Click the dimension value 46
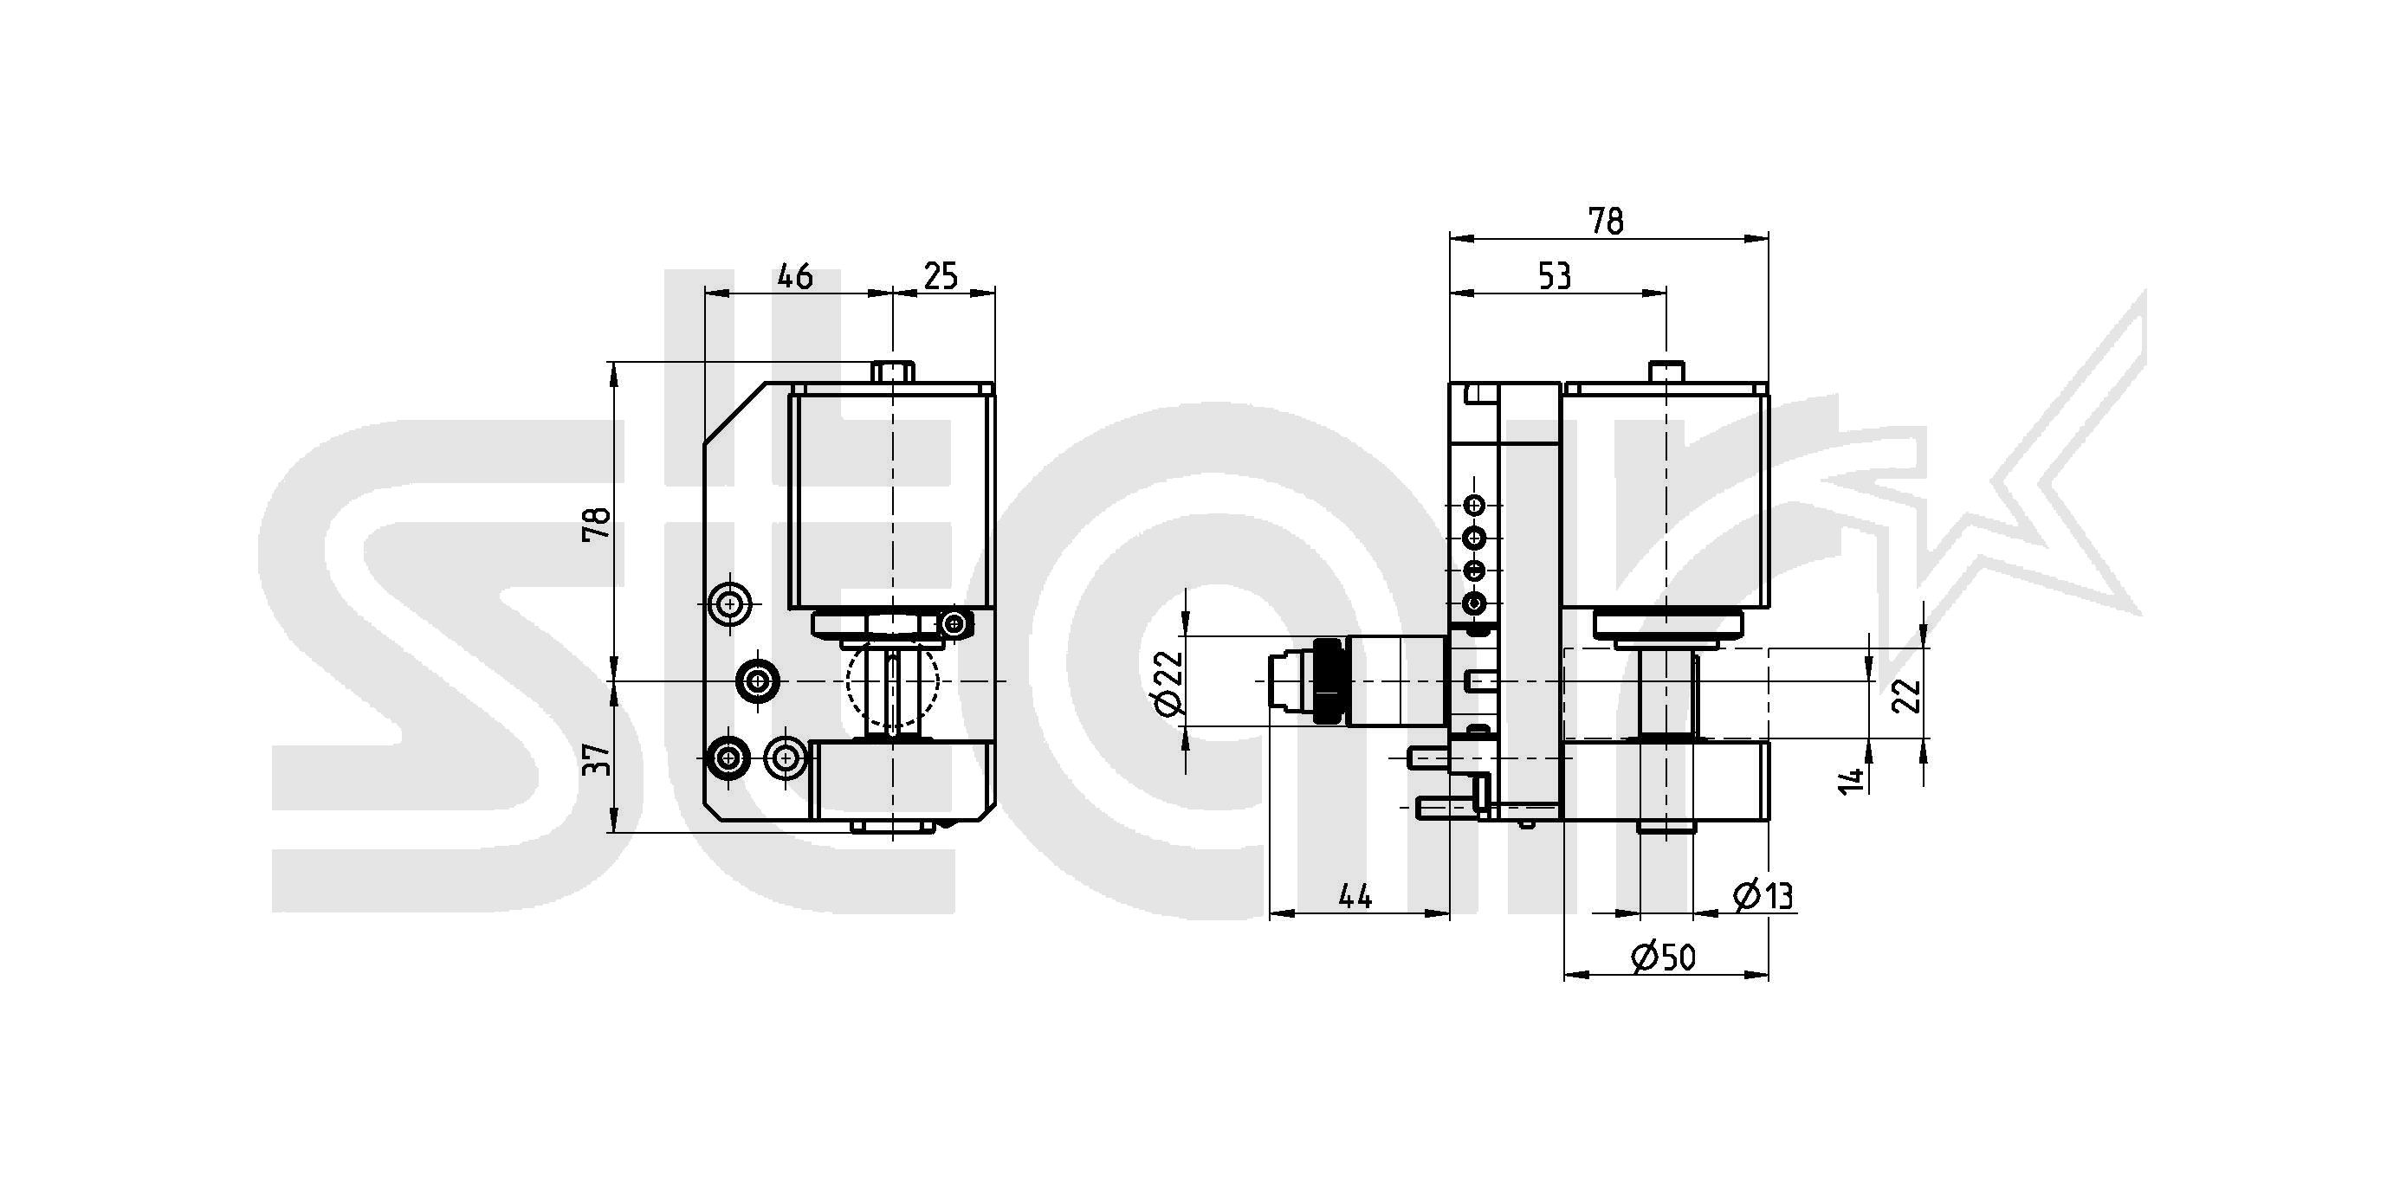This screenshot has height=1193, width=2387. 795,276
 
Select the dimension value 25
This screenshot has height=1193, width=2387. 941,276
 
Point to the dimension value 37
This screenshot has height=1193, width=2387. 598,760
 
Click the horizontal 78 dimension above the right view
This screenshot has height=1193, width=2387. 1606,222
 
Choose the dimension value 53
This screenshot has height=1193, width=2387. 1555,276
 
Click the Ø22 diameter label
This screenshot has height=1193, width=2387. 1169,682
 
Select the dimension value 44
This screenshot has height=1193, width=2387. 1355,896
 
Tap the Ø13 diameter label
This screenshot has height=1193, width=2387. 1763,896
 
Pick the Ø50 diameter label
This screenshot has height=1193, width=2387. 1663,957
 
